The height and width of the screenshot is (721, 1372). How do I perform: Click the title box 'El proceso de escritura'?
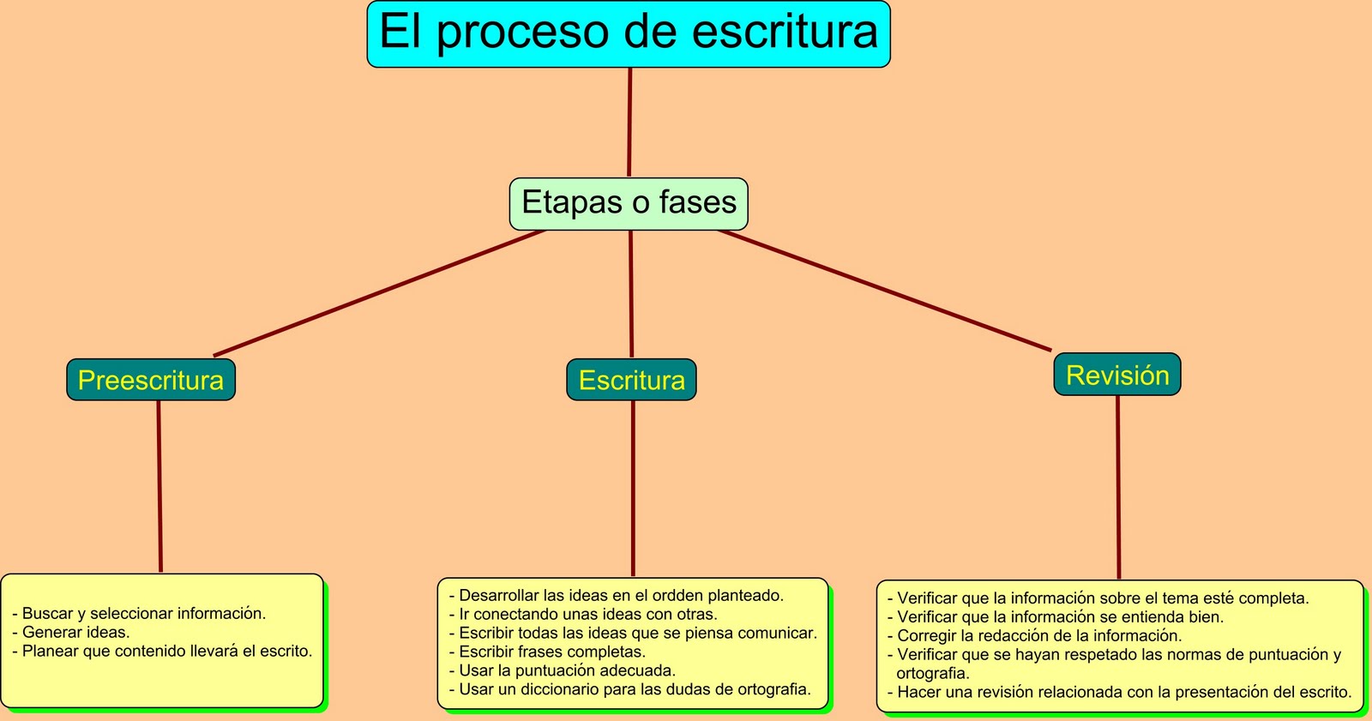[x=629, y=34]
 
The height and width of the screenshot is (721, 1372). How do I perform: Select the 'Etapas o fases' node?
[x=629, y=203]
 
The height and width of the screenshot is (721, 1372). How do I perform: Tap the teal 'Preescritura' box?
[x=151, y=380]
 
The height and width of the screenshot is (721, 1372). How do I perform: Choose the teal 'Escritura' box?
[x=632, y=380]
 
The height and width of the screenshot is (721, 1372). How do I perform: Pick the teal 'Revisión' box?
[x=1117, y=375]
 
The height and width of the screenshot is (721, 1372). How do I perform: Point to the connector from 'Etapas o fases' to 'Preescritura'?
[x=379, y=293]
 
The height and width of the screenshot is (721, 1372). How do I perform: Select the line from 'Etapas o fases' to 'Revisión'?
[x=885, y=291]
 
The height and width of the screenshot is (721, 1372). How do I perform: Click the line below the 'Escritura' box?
[x=633, y=489]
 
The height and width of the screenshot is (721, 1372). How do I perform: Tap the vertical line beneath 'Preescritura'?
[x=159, y=486]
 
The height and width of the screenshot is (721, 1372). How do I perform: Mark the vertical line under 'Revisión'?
[x=1118, y=487]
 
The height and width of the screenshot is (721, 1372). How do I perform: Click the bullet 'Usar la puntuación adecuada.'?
[x=567, y=670]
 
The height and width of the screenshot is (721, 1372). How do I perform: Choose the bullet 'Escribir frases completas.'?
[x=552, y=652]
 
